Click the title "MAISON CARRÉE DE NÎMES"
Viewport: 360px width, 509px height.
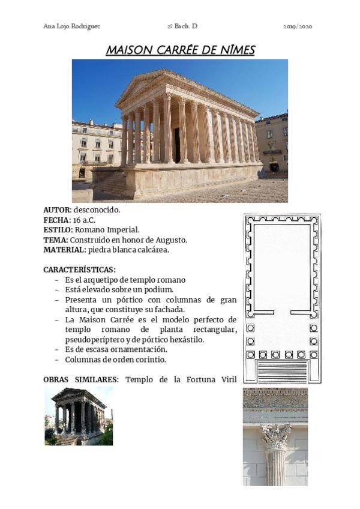[180, 50]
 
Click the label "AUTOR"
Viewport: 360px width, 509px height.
[56, 209]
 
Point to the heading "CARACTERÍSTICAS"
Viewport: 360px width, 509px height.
[79, 270]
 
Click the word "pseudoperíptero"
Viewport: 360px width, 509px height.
[94, 339]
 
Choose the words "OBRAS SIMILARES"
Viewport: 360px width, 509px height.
[81, 379]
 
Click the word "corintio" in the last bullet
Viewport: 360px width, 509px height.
[150, 359]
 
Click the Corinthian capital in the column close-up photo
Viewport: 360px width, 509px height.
[275, 436]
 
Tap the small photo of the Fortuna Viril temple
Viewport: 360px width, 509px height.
[79, 416]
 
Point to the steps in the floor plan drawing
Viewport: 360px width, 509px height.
[281, 372]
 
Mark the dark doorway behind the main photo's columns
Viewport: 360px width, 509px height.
[177, 145]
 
